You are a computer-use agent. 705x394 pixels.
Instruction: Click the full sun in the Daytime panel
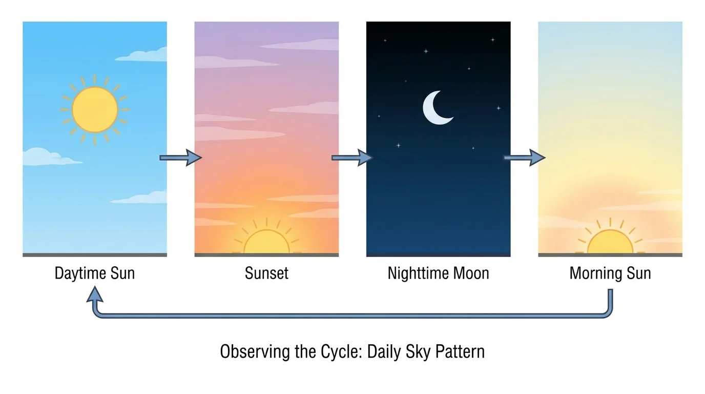coord(95,110)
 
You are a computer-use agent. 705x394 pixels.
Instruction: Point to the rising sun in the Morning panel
coord(610,243)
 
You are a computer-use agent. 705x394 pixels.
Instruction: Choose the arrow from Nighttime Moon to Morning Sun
coord(524,157)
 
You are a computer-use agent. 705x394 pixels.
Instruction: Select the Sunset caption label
coord(266,273)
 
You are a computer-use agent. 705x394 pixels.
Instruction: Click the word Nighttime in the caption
coord(416,273)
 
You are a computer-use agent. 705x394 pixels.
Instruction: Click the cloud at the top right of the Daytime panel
coord(145,55)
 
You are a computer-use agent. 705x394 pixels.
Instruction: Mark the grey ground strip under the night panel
coord(438,254)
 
